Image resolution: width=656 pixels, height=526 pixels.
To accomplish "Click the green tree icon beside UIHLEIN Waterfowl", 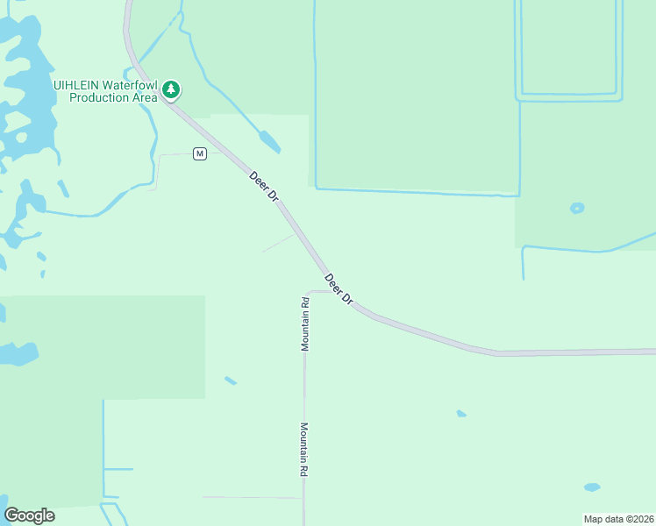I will click(x=171, y=89).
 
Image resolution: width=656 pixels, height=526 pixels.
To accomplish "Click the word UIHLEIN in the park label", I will click(x=75, y=85).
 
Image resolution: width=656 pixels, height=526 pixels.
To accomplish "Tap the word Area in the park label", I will click(x=146, y=98).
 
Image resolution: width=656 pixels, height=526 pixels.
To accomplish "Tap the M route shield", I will click(x=200, y=154).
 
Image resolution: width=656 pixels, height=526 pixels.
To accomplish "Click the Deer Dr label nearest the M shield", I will click(x=263, y=187).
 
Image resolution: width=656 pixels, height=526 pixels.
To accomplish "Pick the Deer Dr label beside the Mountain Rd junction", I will click(x=339, y=289).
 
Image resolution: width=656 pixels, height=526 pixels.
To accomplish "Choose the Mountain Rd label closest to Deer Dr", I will click(x=305, y=324).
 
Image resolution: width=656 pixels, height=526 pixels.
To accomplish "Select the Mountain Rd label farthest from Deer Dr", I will click(x=303, y=450).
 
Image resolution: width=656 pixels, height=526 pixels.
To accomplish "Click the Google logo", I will click(x=29, y=515).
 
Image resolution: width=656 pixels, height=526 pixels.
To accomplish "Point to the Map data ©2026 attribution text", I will click(x=617, y=519).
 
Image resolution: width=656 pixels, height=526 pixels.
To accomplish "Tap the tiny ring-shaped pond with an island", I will click(x=577, y=208).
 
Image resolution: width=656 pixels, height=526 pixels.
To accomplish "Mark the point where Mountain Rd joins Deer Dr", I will click(x=332, y=291).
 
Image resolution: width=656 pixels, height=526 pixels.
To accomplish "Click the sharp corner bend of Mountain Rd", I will click(x=306, y=292).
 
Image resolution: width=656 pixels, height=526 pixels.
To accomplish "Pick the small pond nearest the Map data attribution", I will click(x=592, y=487).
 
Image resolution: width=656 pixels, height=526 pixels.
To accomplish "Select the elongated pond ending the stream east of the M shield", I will click(x=269, y=141).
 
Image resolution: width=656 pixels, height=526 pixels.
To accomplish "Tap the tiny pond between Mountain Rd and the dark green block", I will click(x=230, y=380).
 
